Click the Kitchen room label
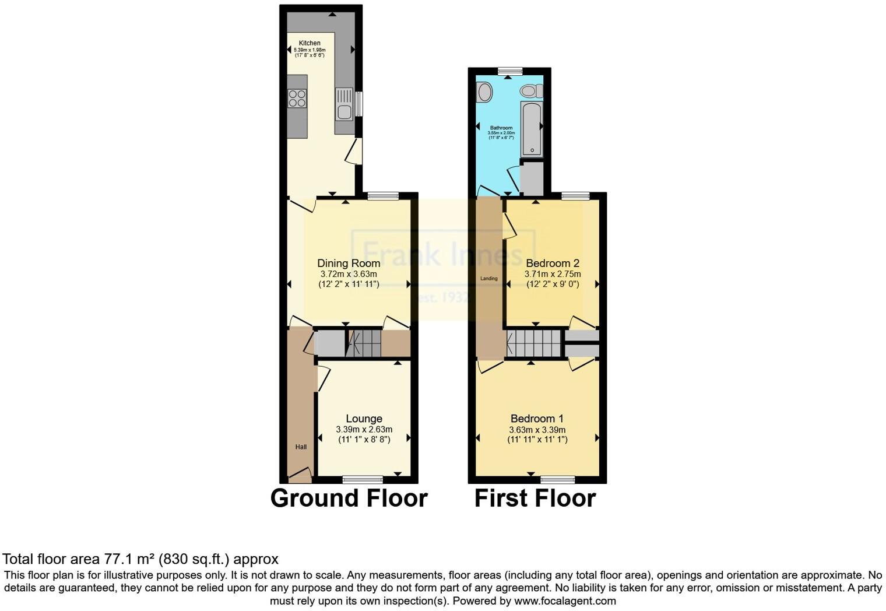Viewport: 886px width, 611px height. (310, 43)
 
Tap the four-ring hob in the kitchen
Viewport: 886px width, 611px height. (297, 99)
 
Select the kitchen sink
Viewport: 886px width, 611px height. (344, 104)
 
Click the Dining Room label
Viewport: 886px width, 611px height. (349, 263)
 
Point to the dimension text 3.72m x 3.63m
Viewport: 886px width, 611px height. (349, 274)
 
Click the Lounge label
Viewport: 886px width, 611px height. (364, 419)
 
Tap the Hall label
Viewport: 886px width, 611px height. (301, 447)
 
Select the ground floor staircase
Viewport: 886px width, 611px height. (363, 343)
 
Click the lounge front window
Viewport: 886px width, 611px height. (363, 480)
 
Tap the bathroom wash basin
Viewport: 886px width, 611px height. (484, 92)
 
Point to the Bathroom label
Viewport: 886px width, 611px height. (501, 128)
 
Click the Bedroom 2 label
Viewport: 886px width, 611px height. (552, 263)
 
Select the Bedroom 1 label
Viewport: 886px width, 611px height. (537, 419)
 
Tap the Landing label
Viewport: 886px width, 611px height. (489, 279)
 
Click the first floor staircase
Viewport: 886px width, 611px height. (533, 343)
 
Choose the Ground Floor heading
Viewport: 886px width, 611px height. (349, 498)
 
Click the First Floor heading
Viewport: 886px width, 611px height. (535, 498)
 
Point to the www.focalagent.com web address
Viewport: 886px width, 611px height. (565, 601)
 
